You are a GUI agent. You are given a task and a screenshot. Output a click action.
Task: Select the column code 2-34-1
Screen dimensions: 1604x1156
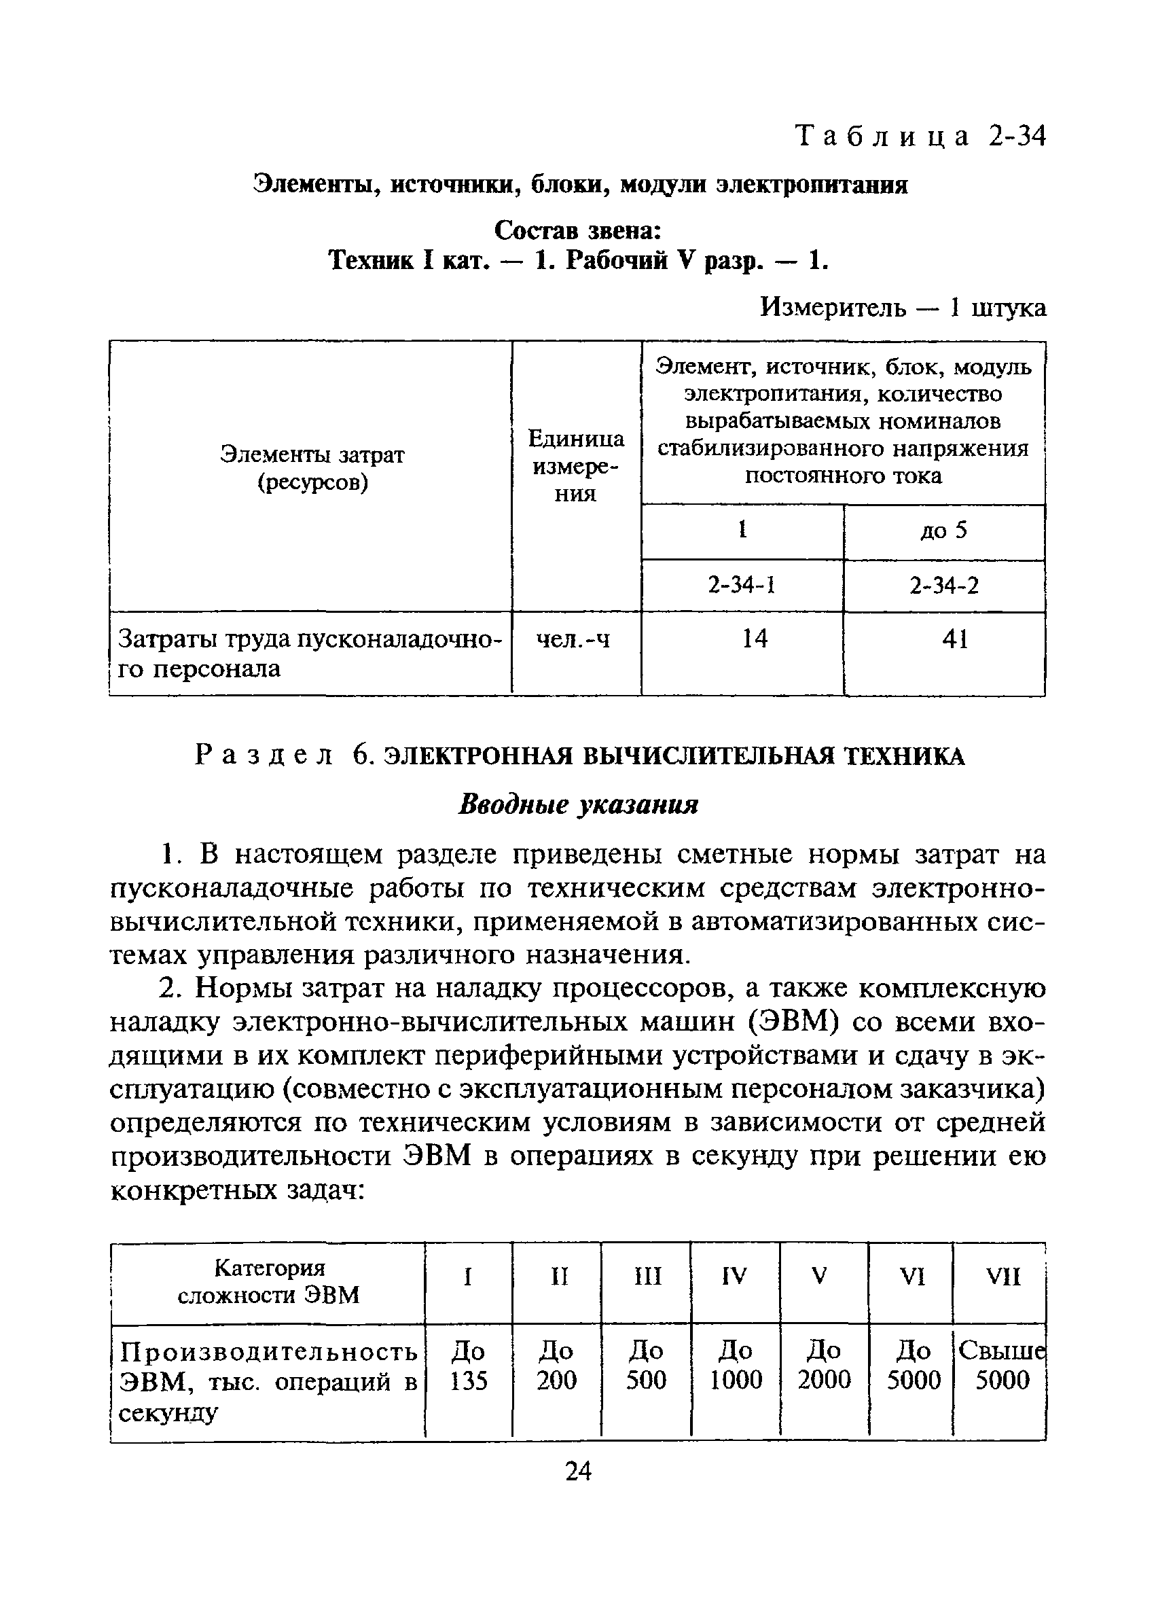click(742, 586)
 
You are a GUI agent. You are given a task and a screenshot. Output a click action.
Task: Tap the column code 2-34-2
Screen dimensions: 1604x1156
click(944, 586)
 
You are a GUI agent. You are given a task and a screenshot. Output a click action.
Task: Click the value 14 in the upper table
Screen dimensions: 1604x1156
click(755, 639)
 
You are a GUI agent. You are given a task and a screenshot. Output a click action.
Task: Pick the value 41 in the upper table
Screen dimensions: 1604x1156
click(954, 639)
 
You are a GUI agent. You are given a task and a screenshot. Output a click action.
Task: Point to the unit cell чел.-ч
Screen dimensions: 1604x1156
click(573, 639)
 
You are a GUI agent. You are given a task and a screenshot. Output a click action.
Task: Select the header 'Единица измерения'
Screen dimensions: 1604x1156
click(575, 466)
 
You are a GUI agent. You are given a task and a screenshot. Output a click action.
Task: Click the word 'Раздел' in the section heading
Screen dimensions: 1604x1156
click(263, 756)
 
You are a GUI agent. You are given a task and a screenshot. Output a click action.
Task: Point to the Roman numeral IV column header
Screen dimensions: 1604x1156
click(735, 1276)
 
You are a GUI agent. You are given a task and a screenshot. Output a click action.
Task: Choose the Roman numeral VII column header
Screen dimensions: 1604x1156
click(1003, 1276)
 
